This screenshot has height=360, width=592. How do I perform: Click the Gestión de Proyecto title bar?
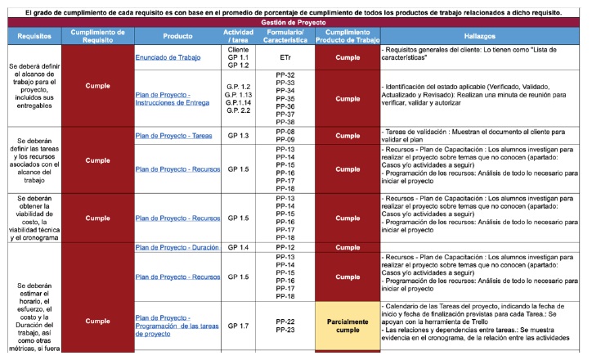click(295, 23)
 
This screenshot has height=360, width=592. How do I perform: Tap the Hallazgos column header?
click(483, 37)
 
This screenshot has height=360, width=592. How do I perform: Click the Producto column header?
click(177, 37)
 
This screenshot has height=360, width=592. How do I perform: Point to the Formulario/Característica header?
click(285, 37)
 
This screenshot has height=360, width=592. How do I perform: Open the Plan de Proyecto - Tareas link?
click(174, 135)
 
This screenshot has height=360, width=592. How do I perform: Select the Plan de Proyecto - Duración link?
click(177, 246)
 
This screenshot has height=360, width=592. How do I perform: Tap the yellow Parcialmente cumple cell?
click(348, 326)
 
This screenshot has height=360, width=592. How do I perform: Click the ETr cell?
click(285, 58)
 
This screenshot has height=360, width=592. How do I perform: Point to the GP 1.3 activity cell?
click(238, 135)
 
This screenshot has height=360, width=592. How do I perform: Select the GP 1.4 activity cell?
click(238, 246)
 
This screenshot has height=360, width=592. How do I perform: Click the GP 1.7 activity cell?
click(238, 326)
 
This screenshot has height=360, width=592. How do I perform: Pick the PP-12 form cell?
click(285, 246)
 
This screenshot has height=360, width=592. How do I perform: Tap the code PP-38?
click(285, 122)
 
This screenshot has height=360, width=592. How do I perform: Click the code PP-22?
click(285, 321)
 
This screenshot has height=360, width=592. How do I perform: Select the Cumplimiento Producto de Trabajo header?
click(348, 37)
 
